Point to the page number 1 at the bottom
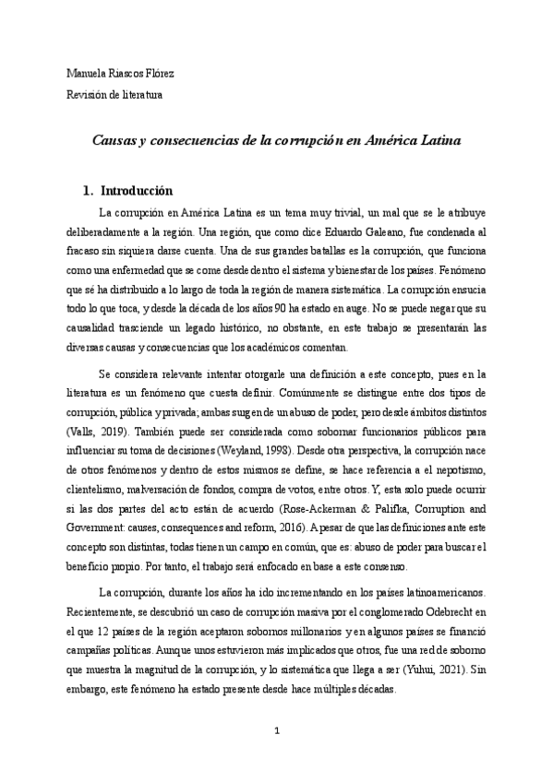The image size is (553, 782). tap(276, 731)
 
